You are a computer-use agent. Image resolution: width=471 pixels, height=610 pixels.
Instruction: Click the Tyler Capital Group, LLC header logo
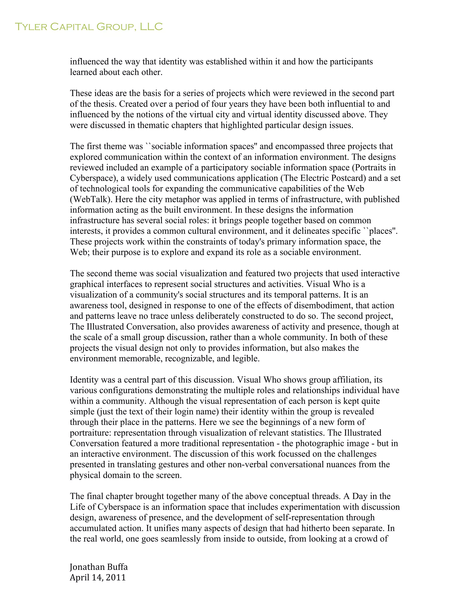[x=89, y=27]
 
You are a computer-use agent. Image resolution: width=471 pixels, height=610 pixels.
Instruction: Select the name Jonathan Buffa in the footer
[x=98, y=567]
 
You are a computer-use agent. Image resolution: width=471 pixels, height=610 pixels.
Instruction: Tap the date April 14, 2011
[x=98, y=577]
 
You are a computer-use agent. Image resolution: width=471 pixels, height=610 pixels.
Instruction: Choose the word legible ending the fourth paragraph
[x=249, y=358]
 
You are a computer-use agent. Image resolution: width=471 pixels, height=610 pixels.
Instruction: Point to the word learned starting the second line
[x=83, y=72]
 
